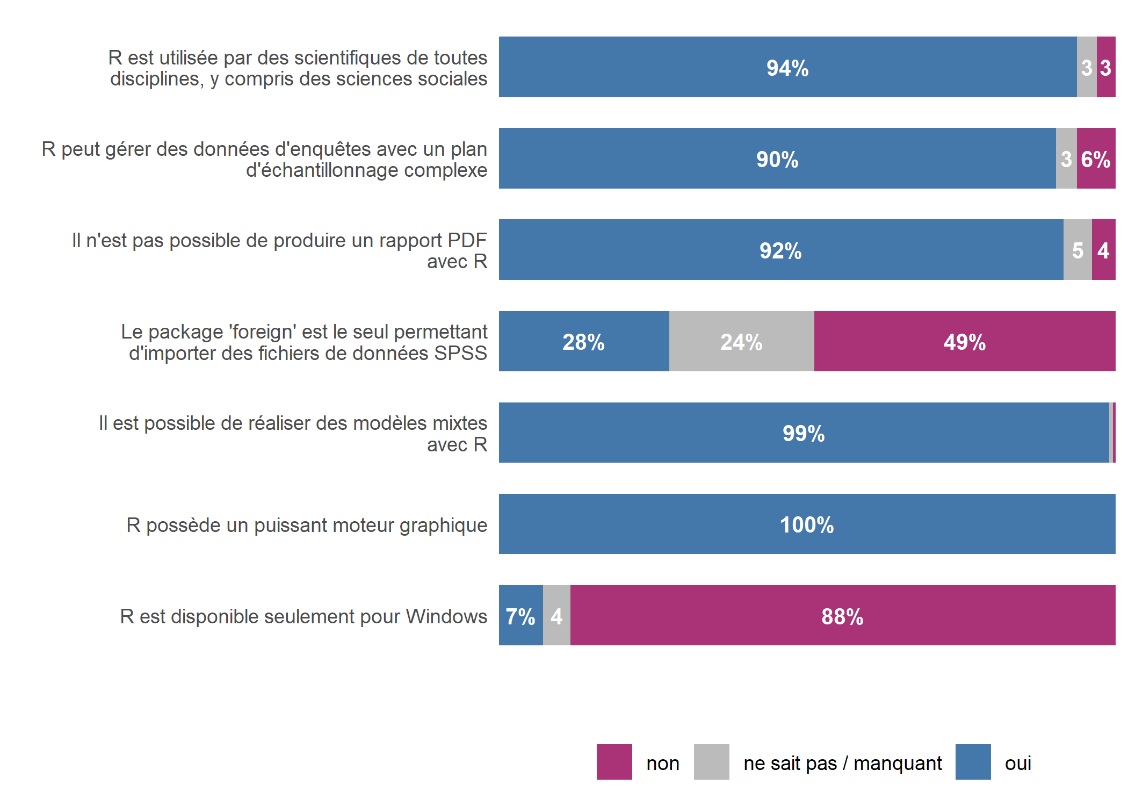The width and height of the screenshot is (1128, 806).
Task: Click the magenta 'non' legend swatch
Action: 614,761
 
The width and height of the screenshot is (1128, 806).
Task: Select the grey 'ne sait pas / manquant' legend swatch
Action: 711,761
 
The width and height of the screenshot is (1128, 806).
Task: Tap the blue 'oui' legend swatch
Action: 973,761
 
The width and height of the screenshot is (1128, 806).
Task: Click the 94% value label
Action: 787,68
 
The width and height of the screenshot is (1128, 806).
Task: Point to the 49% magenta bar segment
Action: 964,342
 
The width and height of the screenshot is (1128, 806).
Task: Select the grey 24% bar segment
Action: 741,342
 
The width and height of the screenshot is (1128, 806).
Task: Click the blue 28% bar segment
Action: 583,342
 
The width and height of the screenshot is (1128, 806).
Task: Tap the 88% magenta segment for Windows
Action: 842,616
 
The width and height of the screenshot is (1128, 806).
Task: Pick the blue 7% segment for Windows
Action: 520,616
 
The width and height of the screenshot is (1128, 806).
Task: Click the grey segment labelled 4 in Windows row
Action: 556,616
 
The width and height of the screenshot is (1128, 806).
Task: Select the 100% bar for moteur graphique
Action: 806,524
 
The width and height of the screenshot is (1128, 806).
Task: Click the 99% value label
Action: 803,433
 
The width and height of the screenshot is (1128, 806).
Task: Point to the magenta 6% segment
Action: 1096,159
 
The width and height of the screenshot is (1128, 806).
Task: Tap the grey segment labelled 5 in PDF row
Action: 1078,250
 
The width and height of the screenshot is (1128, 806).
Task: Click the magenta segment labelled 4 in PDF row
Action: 1103,250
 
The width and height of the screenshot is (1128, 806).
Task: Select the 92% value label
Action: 780,251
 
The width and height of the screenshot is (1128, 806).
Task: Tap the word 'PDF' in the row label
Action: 467,240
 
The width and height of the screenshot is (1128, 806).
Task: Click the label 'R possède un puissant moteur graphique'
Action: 307,525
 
